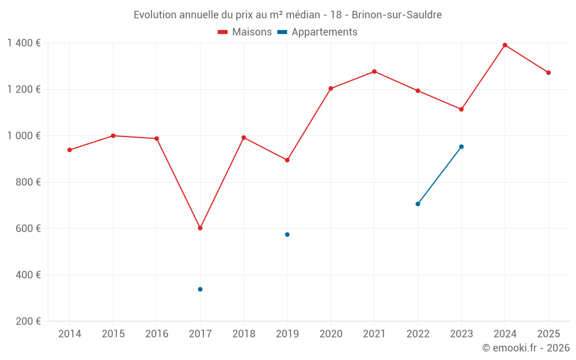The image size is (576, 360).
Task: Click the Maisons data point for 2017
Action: (x=200, y=228)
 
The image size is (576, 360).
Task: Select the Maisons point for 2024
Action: (x=505, y=45)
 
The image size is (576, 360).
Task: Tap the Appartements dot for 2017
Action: (x=200, y=289)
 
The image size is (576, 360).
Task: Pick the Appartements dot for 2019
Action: (x=287, y=234)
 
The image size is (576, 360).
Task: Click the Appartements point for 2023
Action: (x=461, y=146)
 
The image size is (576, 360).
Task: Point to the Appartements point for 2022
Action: (x=418, y=204)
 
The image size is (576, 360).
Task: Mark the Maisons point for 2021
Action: (x=374, y=71)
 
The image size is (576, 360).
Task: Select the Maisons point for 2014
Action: (x=70, y=150)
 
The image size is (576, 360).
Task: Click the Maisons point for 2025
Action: (x=548, y=73)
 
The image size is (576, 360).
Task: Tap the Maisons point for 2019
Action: (x=287, y=160)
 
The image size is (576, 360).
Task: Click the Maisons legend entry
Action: (x=245, y=32)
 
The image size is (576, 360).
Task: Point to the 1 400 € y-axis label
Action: (x=24, y=43)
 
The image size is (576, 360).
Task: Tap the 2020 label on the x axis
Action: (x=331, y=334)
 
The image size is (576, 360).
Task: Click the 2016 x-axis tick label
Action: (x=157, y=334)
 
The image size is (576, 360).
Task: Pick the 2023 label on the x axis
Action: (x=461, y=334)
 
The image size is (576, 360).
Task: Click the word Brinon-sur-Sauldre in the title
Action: (x=396, y=15)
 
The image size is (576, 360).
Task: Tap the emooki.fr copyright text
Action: (x=525, y=348)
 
